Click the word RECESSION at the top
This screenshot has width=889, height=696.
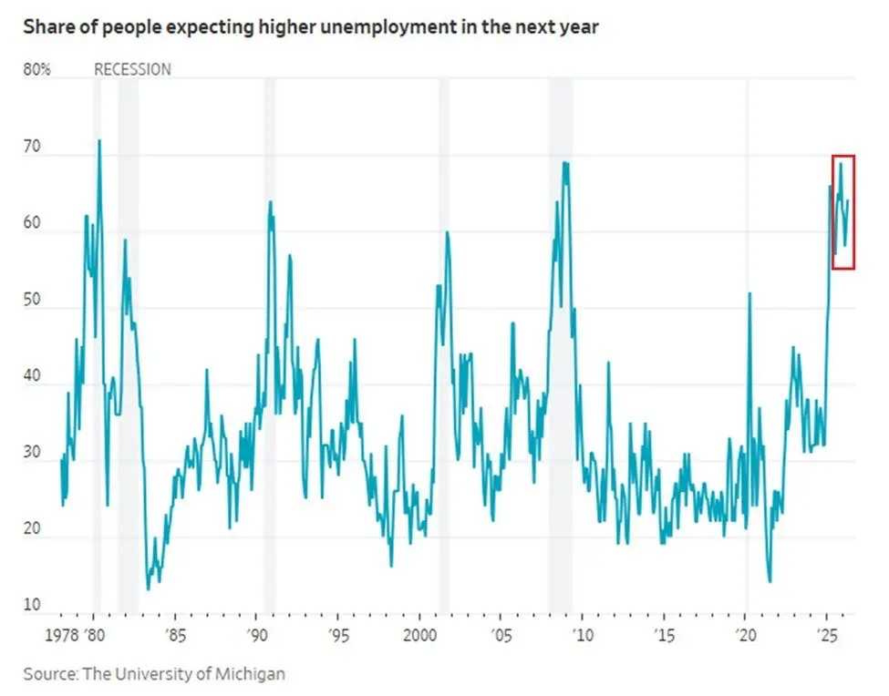(x=132, y=69)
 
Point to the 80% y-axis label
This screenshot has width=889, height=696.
(x=36, y=69)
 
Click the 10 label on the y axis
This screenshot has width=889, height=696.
(x=33, y=605)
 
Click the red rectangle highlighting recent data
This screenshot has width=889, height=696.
(x=842, y=211)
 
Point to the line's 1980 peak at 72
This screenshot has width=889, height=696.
(x=98, y=140)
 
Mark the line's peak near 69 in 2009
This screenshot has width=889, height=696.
(x=565, y=163)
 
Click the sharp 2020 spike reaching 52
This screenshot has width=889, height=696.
(x=749, y=293)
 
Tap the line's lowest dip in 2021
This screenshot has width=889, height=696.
(x=770, y=581)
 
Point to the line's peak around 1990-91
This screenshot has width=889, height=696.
(x=270, y=202)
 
